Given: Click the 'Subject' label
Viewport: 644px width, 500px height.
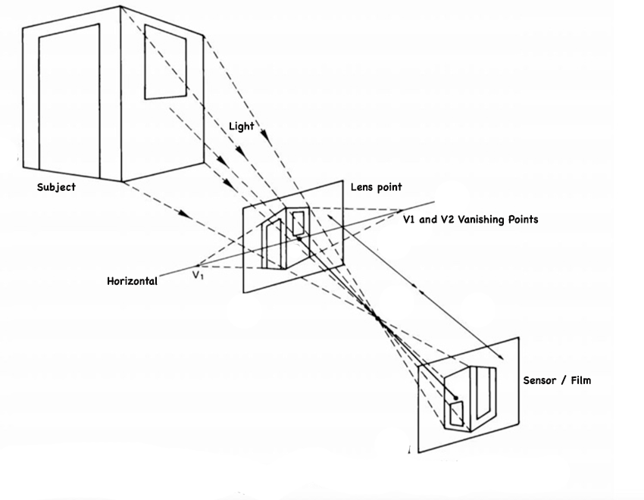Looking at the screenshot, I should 56,187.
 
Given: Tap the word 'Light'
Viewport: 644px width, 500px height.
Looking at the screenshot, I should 242,127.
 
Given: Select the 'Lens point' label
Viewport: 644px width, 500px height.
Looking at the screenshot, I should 376,187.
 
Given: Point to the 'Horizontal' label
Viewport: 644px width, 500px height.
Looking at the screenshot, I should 132,281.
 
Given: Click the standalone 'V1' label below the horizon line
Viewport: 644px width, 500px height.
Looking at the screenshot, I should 199,275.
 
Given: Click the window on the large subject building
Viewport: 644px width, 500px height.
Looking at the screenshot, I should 165,61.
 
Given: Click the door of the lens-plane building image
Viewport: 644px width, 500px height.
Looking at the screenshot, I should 272,242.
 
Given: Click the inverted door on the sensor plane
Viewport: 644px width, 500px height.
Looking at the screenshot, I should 484,393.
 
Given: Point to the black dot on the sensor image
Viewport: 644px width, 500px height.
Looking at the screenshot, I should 455,396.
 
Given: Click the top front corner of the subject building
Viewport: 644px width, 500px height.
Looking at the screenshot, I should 121,8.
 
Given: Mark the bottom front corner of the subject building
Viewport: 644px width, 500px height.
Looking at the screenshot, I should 123,182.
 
